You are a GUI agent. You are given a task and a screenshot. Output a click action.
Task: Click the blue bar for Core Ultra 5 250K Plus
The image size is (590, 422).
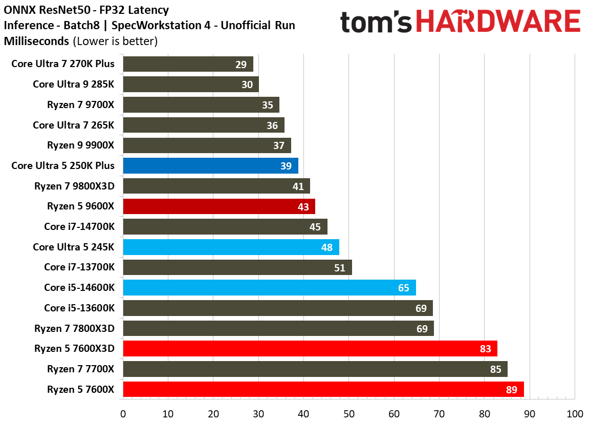click(x=210, y=166)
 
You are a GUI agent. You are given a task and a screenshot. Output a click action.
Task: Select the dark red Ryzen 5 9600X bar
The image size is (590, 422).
click(x=218, y=206)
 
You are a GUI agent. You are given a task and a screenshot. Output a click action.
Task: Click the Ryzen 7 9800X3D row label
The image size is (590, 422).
click(x=75, y=186)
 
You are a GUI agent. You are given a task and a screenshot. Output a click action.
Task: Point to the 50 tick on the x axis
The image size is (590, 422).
click(x=348, y=413)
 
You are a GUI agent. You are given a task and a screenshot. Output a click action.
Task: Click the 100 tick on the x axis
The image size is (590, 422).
click(x=574, y=413)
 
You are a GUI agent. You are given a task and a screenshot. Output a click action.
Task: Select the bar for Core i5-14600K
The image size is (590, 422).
click(x=269, y=288)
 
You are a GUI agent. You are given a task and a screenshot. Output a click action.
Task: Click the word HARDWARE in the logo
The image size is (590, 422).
click(x=498, y=23)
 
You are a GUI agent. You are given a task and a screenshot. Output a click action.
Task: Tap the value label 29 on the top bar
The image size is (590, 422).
click(x=242, y=65)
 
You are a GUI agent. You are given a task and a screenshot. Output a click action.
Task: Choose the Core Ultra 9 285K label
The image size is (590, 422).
click(x=73, y=85)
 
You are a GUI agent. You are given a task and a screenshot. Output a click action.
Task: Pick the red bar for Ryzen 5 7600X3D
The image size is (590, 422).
click(x=310, y=349)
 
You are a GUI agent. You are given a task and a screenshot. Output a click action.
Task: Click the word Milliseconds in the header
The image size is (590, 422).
click(x=36, y=40)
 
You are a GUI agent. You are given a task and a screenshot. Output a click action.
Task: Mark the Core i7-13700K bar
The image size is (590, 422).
click(x=237, y=267)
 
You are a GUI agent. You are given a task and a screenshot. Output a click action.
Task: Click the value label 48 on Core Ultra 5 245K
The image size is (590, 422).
click(x=326, y=247)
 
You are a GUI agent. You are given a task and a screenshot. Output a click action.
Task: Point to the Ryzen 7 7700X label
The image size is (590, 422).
click(x=80, y=369)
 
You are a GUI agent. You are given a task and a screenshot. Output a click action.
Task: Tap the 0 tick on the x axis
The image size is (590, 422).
click(x=123, y=413)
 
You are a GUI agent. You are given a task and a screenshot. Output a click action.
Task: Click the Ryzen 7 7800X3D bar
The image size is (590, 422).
click(x=278, y=328)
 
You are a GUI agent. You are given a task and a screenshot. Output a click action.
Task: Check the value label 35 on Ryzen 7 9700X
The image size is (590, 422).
click(x=267, y=105)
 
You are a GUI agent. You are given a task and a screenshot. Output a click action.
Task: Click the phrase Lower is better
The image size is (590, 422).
click(x=115, y=40)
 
